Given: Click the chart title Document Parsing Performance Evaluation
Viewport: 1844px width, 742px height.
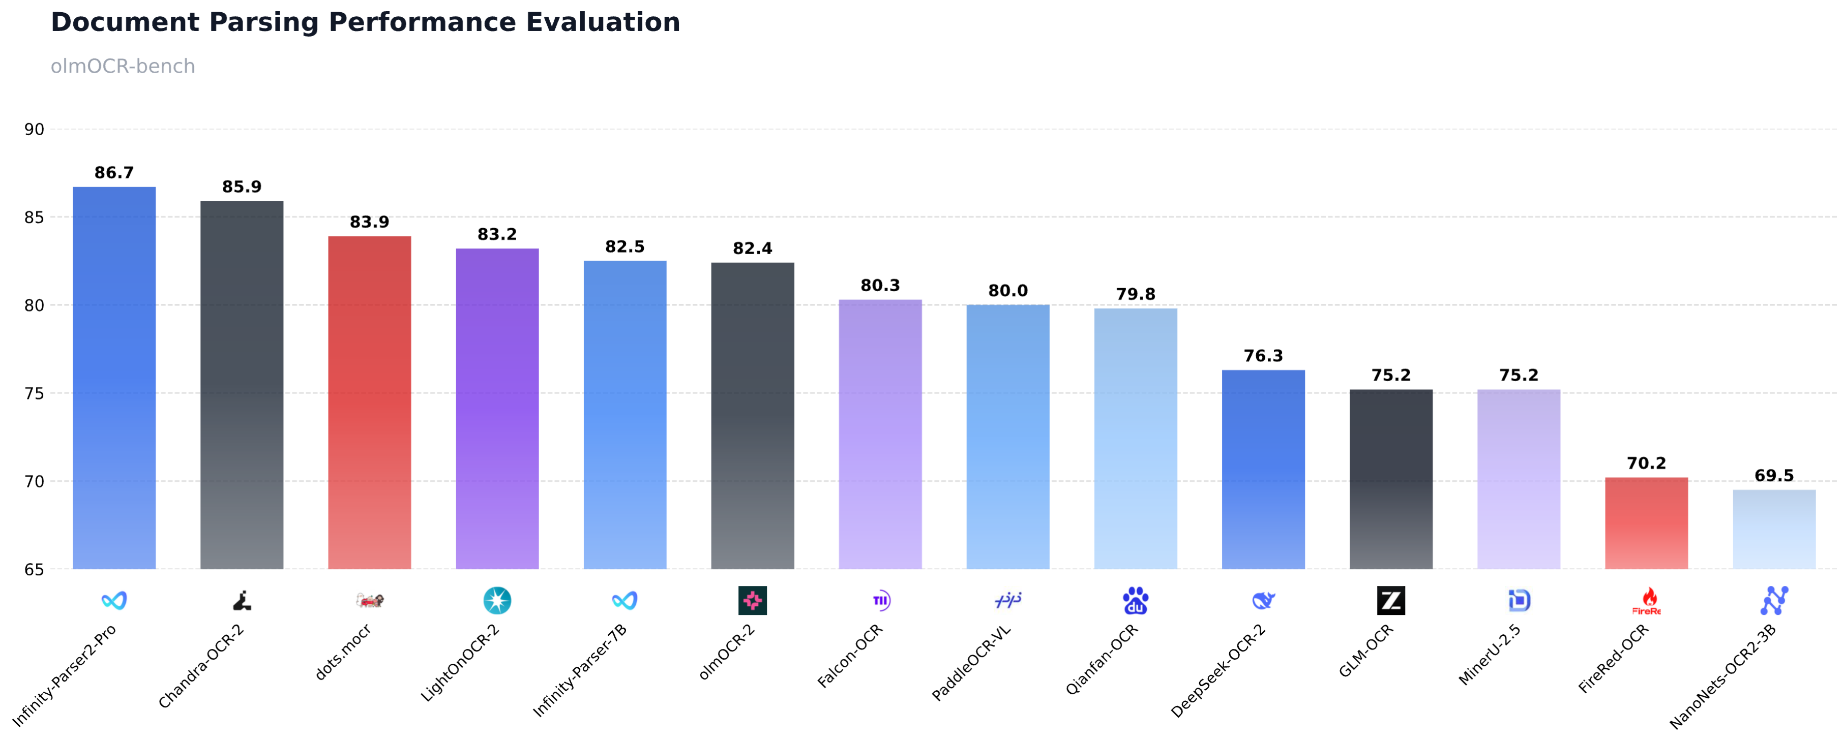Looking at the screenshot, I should point(365,22).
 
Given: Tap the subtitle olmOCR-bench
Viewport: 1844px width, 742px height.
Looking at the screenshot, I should point(123,67).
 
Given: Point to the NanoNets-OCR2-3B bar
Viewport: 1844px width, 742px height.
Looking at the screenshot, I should point(1774,530).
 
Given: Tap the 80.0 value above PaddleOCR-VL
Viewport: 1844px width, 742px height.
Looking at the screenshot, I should point(1008,291).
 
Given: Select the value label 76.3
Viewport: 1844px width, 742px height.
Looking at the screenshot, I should point(1263,356).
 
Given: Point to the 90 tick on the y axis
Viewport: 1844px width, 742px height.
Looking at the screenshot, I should point(35,130).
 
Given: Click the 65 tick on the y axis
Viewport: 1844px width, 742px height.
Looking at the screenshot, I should point(35,570).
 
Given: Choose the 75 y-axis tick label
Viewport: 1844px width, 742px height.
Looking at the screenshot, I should point(35,393).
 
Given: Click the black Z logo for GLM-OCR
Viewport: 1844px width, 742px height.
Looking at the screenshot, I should point(1391,600).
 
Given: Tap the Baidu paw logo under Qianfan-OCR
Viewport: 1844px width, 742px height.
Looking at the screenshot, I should point(1135,600).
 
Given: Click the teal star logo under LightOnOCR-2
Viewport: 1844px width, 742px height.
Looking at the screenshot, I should point(497,600).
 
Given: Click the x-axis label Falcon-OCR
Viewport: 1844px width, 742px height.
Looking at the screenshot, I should point(850,656).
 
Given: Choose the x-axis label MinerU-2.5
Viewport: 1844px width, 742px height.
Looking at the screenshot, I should point(1490,655).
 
